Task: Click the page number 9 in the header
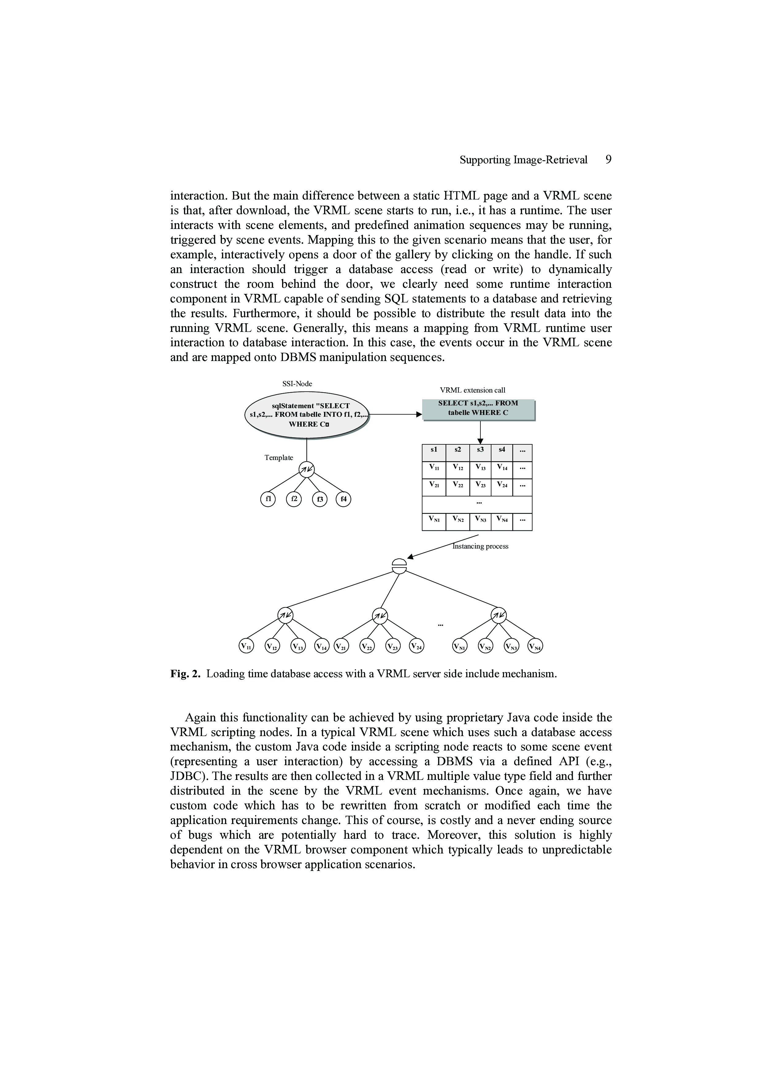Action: click(608, 160)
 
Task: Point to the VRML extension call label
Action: click(472, 390)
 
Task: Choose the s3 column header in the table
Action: click(480, 450)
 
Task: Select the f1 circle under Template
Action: click(268, 500)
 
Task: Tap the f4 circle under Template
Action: click(343, 500)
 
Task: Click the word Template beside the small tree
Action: click(279, 458)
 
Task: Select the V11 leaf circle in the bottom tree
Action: click(246, 646)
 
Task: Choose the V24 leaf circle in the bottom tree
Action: click(416, 646)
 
